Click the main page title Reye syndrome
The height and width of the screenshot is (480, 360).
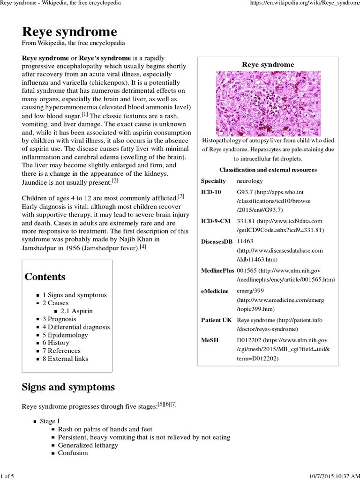pyautogui.click(x=69, y=32)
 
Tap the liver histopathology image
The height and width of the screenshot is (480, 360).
pyautogui.click(x=268, y=103)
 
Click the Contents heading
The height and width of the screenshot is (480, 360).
pyautogui.click(x=45, y=277)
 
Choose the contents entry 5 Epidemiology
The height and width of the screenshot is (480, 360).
pyautogui.click(x=65, y=335)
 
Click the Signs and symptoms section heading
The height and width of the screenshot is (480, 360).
pyautogui.click(x=68, y=387)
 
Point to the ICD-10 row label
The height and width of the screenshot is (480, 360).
pyautogui.click(x=210, y=192)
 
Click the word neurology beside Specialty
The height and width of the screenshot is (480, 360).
pyautogui.click(x=250, y=180)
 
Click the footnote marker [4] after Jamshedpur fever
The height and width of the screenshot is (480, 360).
pyautogui.click(x=143, y=247)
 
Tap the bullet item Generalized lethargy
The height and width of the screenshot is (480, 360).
pyautogui.click(x=88, y=445)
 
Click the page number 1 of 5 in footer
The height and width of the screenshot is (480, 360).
pyautogui.click(x=8, y=476)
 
